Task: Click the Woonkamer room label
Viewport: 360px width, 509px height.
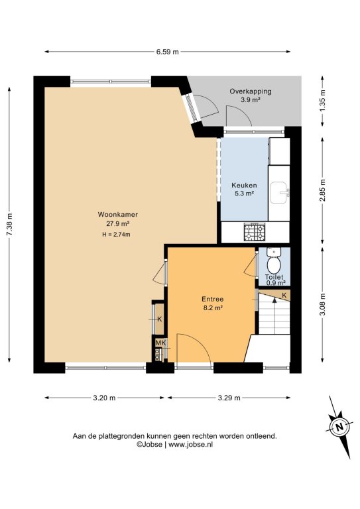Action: [x=118, y=214]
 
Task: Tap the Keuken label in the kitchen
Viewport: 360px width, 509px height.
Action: [x=244, y=186]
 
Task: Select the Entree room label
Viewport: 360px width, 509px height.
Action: [x=213, y=300]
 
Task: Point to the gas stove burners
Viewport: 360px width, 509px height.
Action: [x=255, y=231]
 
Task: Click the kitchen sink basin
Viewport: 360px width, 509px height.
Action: [x=278, y=193]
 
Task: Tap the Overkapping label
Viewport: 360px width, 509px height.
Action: [x=251, y=91]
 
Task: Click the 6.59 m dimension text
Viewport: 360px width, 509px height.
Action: [x=168, y=52]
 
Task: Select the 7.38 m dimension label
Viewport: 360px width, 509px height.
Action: [x=9, y=224]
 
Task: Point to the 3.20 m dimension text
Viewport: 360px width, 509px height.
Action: [x=104, y=398]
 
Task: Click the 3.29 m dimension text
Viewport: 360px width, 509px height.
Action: [x=229, y=398]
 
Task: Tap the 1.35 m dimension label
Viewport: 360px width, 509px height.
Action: [x=322, y=101]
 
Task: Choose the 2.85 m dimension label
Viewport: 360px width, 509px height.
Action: [x=322, y=190]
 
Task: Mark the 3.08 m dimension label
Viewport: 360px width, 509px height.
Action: [x=322, y=304]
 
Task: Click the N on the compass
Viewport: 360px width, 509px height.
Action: [x=339, y=427]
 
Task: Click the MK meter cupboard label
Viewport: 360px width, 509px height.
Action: [x=160, y=343]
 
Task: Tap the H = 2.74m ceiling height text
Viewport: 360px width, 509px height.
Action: [x=116, y=235]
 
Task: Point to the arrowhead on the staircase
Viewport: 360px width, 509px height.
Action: [x=274, y=300]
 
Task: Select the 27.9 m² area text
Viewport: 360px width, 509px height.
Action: [x=118, y=223]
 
